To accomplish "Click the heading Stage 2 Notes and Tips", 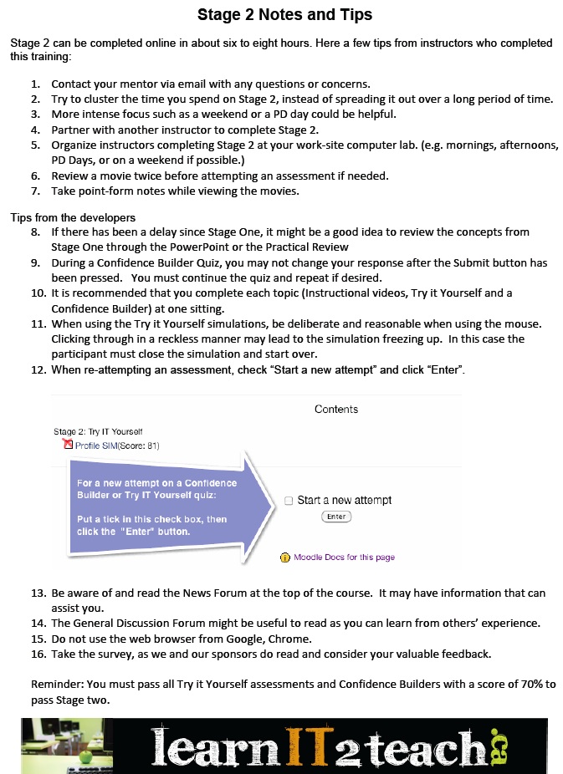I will coord(284,15).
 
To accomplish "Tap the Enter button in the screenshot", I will coord(336,517).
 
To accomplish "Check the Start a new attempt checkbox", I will coord(289,501).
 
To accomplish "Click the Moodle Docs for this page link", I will coord(344,558).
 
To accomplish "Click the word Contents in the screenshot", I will coord(336,410).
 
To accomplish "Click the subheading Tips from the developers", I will coord(73,218).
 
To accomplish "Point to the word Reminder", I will coord(58,685).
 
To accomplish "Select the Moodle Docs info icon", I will coord(284,558).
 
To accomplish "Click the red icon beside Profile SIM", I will coord(69,446).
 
